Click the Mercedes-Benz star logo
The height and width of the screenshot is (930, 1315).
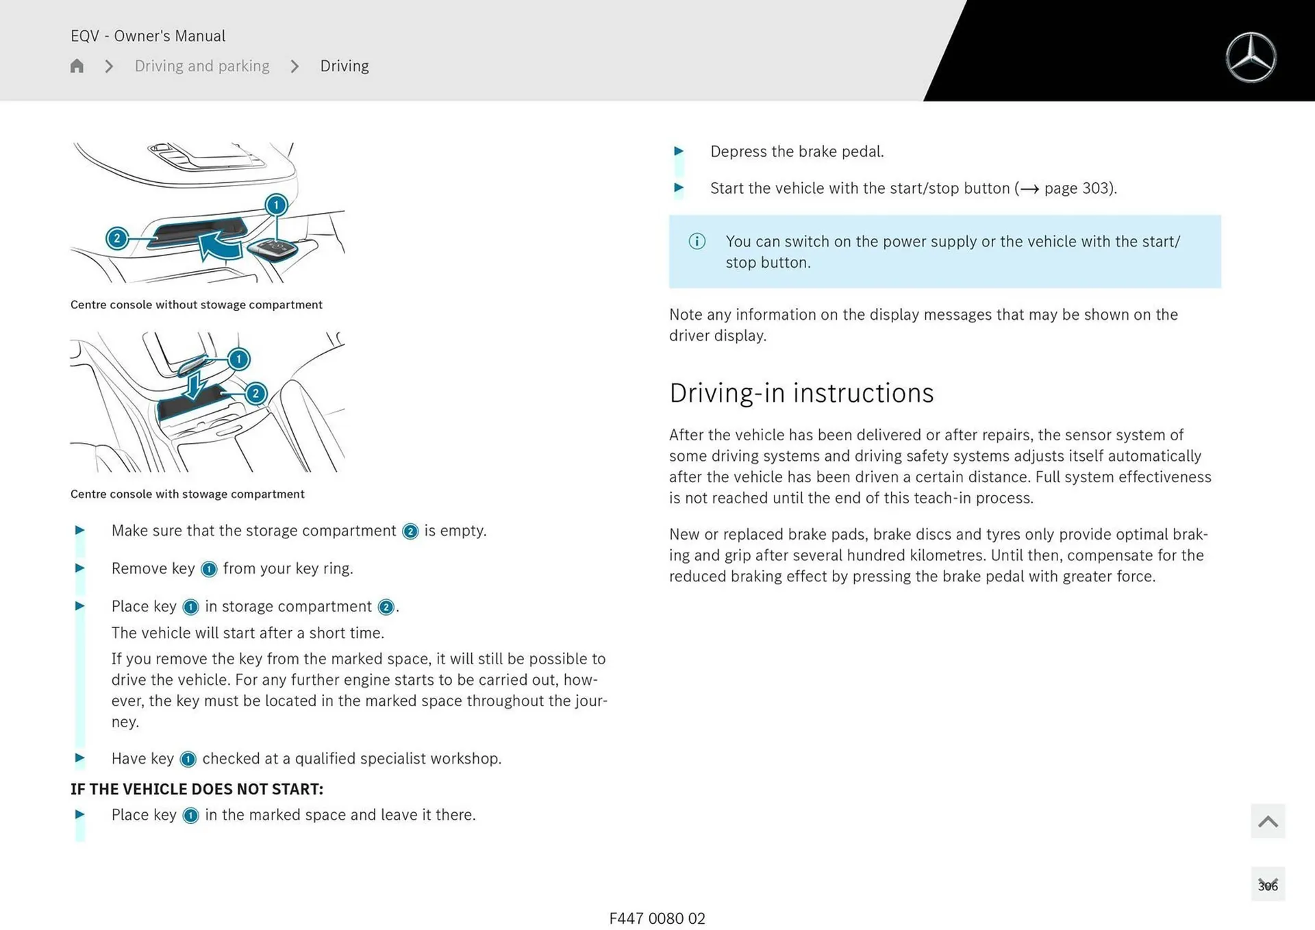pos(1251,58)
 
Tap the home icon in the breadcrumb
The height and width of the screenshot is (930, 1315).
pos(77,66)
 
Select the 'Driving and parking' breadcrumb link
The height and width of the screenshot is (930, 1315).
pos(202,66)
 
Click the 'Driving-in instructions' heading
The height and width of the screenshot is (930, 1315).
pos(801,393)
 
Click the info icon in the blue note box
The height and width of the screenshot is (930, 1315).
pos(697,241)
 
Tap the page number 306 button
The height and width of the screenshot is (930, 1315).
pos(1268,885)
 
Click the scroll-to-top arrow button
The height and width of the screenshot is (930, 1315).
pos(1268,821)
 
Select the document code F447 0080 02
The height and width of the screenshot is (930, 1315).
pos(657,918)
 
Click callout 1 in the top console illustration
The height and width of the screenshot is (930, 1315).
pos(276,205)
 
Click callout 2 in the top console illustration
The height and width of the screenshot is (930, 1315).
pos(117,238)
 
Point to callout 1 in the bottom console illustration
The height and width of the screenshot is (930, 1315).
pos(238,359)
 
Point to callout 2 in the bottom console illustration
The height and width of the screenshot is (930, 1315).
pos(255,393)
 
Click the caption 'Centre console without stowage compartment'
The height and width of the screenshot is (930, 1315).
pos(196,305)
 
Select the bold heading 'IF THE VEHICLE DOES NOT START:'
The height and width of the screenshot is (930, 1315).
pos(197,789)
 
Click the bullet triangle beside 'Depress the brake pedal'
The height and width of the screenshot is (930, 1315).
pos(679,151)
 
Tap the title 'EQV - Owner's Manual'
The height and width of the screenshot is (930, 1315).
pos(148,36)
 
